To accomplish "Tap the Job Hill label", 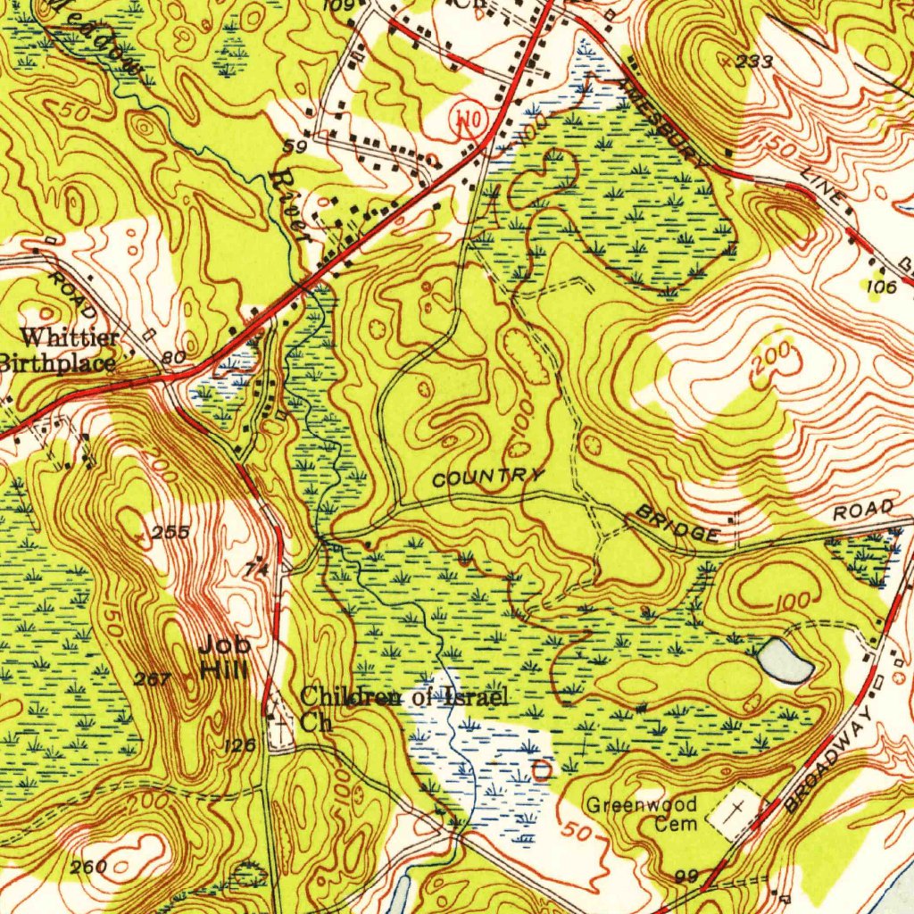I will [224, 656].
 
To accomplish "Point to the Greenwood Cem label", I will [641, 814].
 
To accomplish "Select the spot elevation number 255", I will [169, 533].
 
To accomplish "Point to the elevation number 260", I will [90, 866].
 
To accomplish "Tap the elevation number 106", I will [880, 286].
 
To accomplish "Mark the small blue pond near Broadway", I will [785, 661].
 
